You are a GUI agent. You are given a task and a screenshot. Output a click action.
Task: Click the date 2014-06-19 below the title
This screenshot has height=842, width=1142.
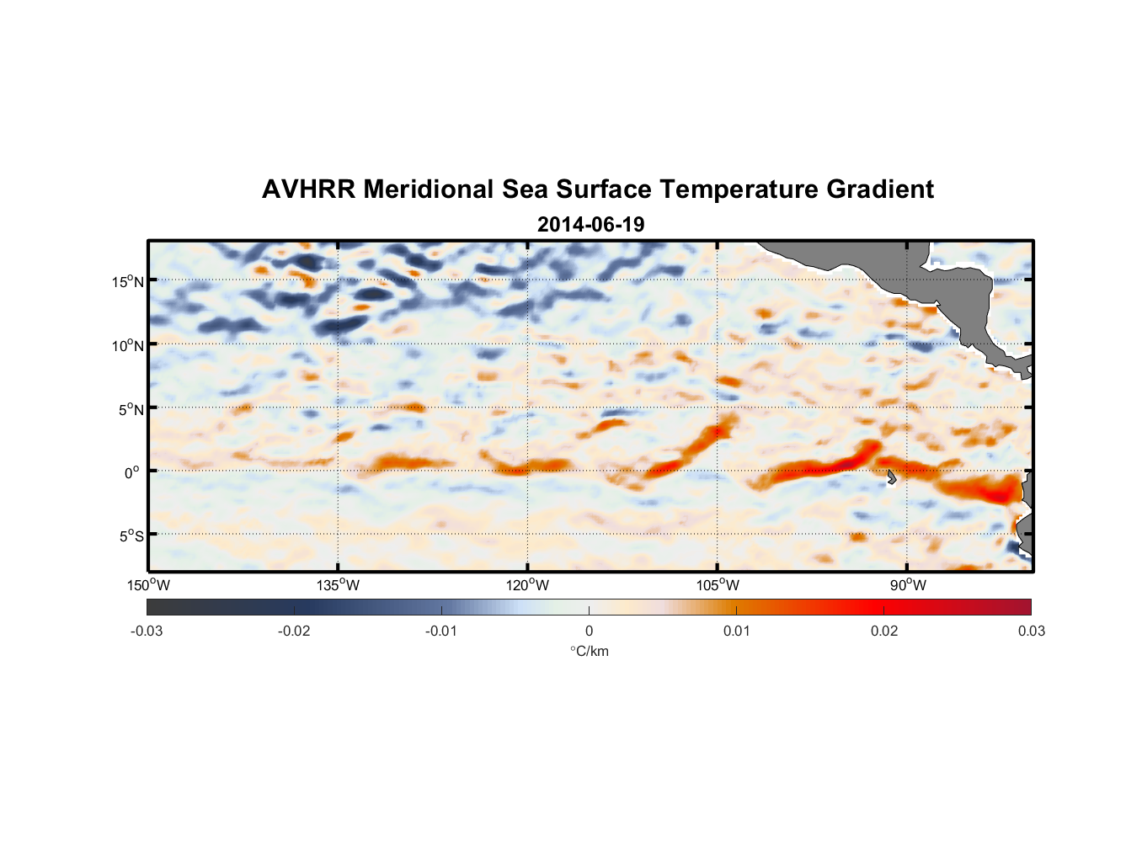point(590,225)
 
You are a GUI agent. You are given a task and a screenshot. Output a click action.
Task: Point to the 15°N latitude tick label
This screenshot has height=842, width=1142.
point(128,281)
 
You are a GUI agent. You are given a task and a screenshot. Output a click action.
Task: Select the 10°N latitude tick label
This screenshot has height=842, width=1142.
point(128,345)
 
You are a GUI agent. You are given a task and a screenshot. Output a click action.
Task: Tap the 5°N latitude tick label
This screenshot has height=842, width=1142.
point(131,409)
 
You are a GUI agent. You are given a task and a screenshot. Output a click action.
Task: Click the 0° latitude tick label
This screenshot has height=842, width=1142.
point(131,472)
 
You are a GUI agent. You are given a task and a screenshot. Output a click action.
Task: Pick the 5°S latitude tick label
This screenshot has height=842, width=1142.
point(131,536)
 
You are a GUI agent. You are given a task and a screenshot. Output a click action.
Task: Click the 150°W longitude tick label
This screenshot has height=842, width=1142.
point(149,585)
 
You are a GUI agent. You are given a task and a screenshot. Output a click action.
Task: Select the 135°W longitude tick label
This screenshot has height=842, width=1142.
point(339,585)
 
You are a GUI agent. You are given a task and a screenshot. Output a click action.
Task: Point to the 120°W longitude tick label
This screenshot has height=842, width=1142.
point(528,585)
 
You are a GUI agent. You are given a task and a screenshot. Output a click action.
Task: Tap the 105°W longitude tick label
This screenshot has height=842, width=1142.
point(718,585)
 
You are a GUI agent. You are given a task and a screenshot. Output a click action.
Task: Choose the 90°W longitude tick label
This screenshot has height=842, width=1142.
point(907,585)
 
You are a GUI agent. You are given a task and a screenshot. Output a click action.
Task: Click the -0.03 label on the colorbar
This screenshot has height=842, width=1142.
point(147,631)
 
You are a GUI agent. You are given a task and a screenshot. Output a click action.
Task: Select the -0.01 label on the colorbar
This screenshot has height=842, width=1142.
point(441,631)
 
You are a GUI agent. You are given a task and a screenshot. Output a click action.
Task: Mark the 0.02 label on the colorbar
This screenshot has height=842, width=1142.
point(884,631)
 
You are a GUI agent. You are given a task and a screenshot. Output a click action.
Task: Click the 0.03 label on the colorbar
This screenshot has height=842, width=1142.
point(1031,631)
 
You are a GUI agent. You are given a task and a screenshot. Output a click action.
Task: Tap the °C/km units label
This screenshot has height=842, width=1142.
point(589,651)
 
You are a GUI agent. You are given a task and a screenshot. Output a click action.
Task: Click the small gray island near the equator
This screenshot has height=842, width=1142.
point(891,477)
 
